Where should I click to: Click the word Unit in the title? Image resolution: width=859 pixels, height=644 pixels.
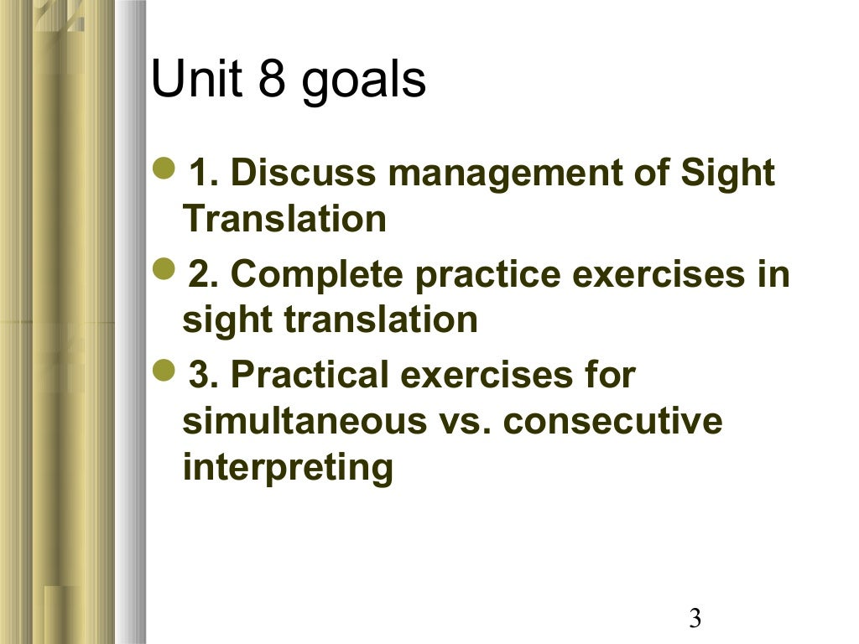pos(190,80)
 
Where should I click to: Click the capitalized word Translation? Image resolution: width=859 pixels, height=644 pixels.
pos(284,219)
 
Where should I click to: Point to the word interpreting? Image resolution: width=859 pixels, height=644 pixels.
pos(288,468)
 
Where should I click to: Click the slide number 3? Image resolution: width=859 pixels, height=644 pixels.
pos(695,620)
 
